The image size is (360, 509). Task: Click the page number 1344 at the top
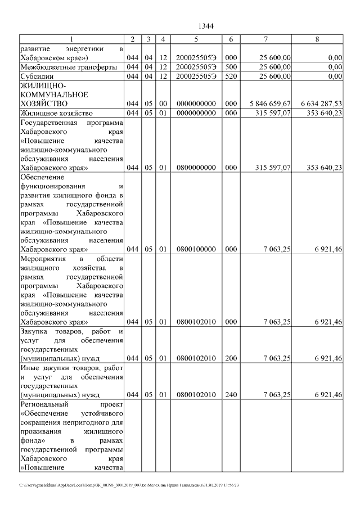click(206, 26)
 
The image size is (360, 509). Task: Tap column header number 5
click(196, 39)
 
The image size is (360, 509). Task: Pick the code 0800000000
click(196, 168)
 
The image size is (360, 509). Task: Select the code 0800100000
click(196, 249)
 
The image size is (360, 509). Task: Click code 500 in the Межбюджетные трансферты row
click(231, 67)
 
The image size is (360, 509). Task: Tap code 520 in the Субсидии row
click(231, 76)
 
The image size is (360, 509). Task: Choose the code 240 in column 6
click(231, 395)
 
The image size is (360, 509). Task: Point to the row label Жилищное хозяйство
click(55, 113)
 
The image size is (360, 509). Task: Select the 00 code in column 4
click(162, 104)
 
